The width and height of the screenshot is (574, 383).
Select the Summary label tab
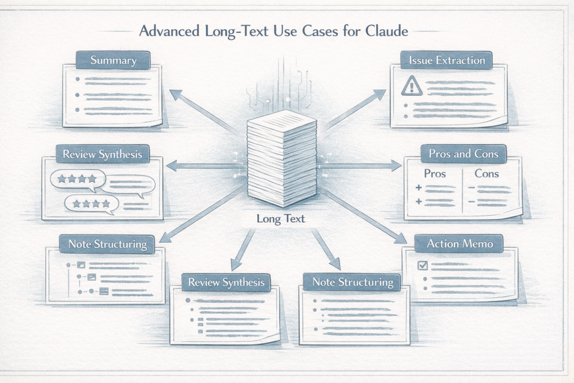pyautogui.click(x=113, y=61)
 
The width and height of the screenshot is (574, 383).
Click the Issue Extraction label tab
pyautogui.click(x=446, y=60)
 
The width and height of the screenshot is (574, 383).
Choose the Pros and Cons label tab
pyautogui.click(x=463, y=153)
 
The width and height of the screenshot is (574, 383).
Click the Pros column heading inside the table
pyautogui.click(x=435, y=173)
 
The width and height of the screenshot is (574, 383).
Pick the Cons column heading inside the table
pyautogui.click(x=486, y=173)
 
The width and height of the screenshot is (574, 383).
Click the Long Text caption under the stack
pyautogui.click(x=281, y=219)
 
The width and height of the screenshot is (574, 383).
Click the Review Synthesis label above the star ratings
pyautogui.click(x=99, y=154)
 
